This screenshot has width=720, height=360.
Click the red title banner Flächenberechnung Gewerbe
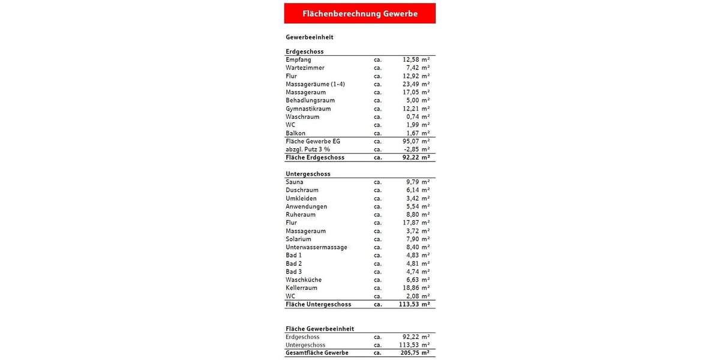[360, 13]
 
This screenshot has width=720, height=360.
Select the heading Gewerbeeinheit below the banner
[309, 37]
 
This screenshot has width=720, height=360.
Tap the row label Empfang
[298, 60]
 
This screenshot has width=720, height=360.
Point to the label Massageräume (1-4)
[315, 84]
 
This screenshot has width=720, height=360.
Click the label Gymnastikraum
[308, 109]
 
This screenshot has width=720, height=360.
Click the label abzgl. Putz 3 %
[308, 149]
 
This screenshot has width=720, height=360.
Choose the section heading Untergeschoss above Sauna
[308, 174]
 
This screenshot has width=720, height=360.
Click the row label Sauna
[295, 182]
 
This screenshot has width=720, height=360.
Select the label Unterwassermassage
[316, 247]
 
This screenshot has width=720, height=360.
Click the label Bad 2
[293, 263]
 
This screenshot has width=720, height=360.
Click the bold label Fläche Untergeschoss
[318, 304]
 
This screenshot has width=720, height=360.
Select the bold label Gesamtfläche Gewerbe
[317, 353]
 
